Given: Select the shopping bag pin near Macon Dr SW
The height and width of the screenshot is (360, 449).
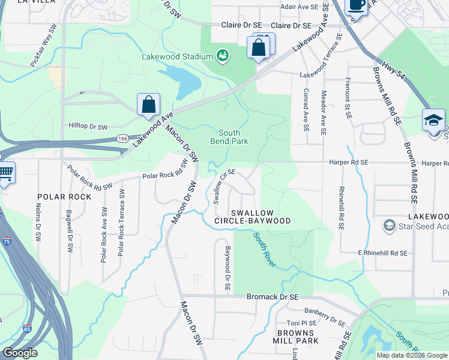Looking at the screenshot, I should [148, 104].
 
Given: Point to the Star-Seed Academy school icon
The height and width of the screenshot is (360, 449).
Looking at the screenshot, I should [389, 226].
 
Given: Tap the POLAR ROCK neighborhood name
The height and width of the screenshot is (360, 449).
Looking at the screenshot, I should [64, 197].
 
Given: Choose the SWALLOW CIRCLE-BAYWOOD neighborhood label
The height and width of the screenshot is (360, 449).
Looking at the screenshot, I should [253, 217].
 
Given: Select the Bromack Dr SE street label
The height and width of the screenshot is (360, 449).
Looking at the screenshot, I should [273, 297].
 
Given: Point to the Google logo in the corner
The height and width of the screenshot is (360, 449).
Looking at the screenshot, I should [20, 353].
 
